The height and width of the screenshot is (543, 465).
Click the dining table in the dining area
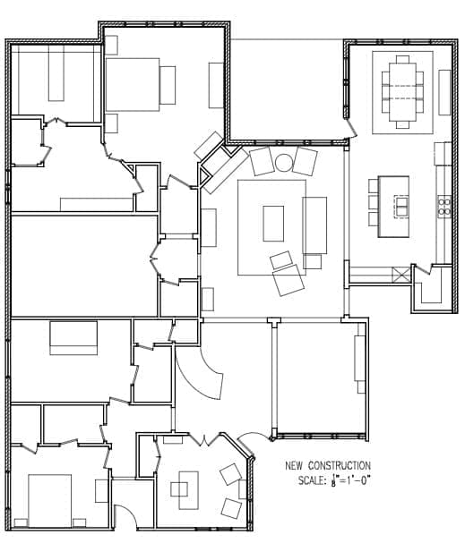402,92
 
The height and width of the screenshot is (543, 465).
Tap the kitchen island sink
400,206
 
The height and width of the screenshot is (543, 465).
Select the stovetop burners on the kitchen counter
443,207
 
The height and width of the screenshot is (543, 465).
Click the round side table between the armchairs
284,163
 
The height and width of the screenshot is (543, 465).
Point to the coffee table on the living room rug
273,224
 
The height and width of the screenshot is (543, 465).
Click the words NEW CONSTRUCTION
328,465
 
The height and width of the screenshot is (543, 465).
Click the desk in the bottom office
189,490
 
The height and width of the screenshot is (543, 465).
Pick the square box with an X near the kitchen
400,276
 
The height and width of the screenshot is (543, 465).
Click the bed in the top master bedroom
133,84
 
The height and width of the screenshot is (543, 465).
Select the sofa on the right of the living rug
314,225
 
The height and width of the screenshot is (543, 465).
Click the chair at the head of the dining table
402,59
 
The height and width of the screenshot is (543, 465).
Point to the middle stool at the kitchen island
374,202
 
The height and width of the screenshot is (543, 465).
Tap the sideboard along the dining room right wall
444,92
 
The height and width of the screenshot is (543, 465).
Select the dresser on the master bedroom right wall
216,85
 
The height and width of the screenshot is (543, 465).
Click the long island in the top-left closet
56,72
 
